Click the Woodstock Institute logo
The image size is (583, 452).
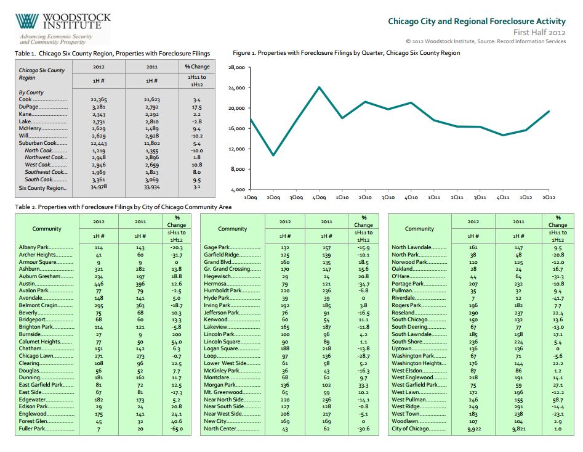pos(63,28)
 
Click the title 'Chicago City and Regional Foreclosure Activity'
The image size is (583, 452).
pos(476,21)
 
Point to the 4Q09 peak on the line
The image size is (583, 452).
pos(319,87)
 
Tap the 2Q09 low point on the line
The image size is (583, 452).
pos(273,155)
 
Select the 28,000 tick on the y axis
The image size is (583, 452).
pos(236,67)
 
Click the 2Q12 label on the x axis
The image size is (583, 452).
pos(549,197)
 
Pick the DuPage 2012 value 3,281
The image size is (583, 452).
pos(99,107)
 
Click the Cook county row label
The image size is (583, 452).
pos(25,99)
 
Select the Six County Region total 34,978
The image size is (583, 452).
pos(99,187)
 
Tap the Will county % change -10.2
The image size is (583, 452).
pos(196,136)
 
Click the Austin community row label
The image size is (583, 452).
pos(26,284)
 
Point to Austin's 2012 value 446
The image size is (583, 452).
pos(99,284)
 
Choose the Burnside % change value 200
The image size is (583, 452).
pos(177,334)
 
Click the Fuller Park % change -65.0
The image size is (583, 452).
pos(177,429)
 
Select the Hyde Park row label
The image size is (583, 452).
pos(217,298)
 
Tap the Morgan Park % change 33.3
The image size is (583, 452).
pos(363,385)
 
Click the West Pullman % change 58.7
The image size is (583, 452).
pos(558,400)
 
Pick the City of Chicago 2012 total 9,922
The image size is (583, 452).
pos(473,429)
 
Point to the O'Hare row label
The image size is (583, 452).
pos(400,276)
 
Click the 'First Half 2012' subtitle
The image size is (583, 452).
pos(539,33)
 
